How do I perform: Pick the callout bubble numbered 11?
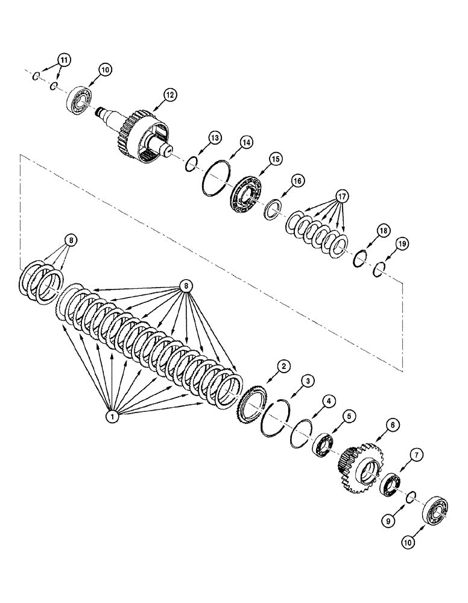pyautogui.click(x=63, y=59)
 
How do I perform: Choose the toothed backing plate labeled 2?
pyautogui.click(x=246, y=410)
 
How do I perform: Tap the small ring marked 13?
pyautogui.click(x=191, y=163)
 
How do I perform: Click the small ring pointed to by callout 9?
pyautogui.click(x=409, y=496)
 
